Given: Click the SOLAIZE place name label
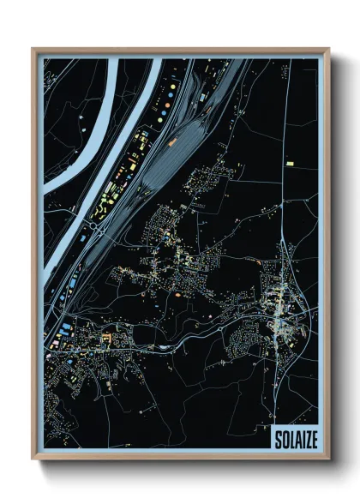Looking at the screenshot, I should point(293,440).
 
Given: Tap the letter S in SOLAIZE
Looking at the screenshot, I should point(277,440).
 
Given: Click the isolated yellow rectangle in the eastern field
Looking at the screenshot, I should point(291,161).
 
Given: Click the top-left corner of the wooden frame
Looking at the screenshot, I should point(33,50).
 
